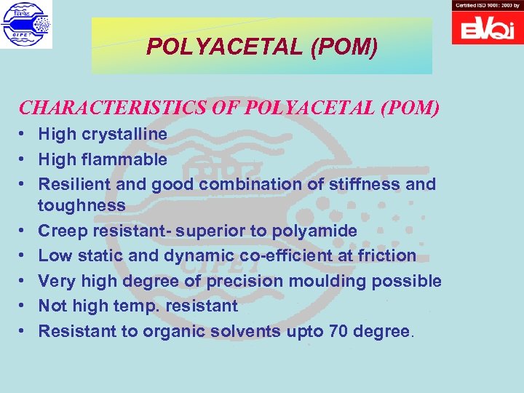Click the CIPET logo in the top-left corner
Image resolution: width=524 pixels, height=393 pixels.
(x=27, y=25)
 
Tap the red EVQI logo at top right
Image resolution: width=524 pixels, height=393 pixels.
(x=487, y=28)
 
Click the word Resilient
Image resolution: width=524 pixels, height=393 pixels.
(x=74, y=184)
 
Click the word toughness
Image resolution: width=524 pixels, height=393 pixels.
(x=82, y=205)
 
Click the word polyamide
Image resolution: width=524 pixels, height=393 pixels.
(x=314, y=231)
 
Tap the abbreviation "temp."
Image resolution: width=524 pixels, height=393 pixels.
(x=137, y=306)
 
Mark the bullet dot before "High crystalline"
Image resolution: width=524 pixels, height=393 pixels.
(x=24, y=135)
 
